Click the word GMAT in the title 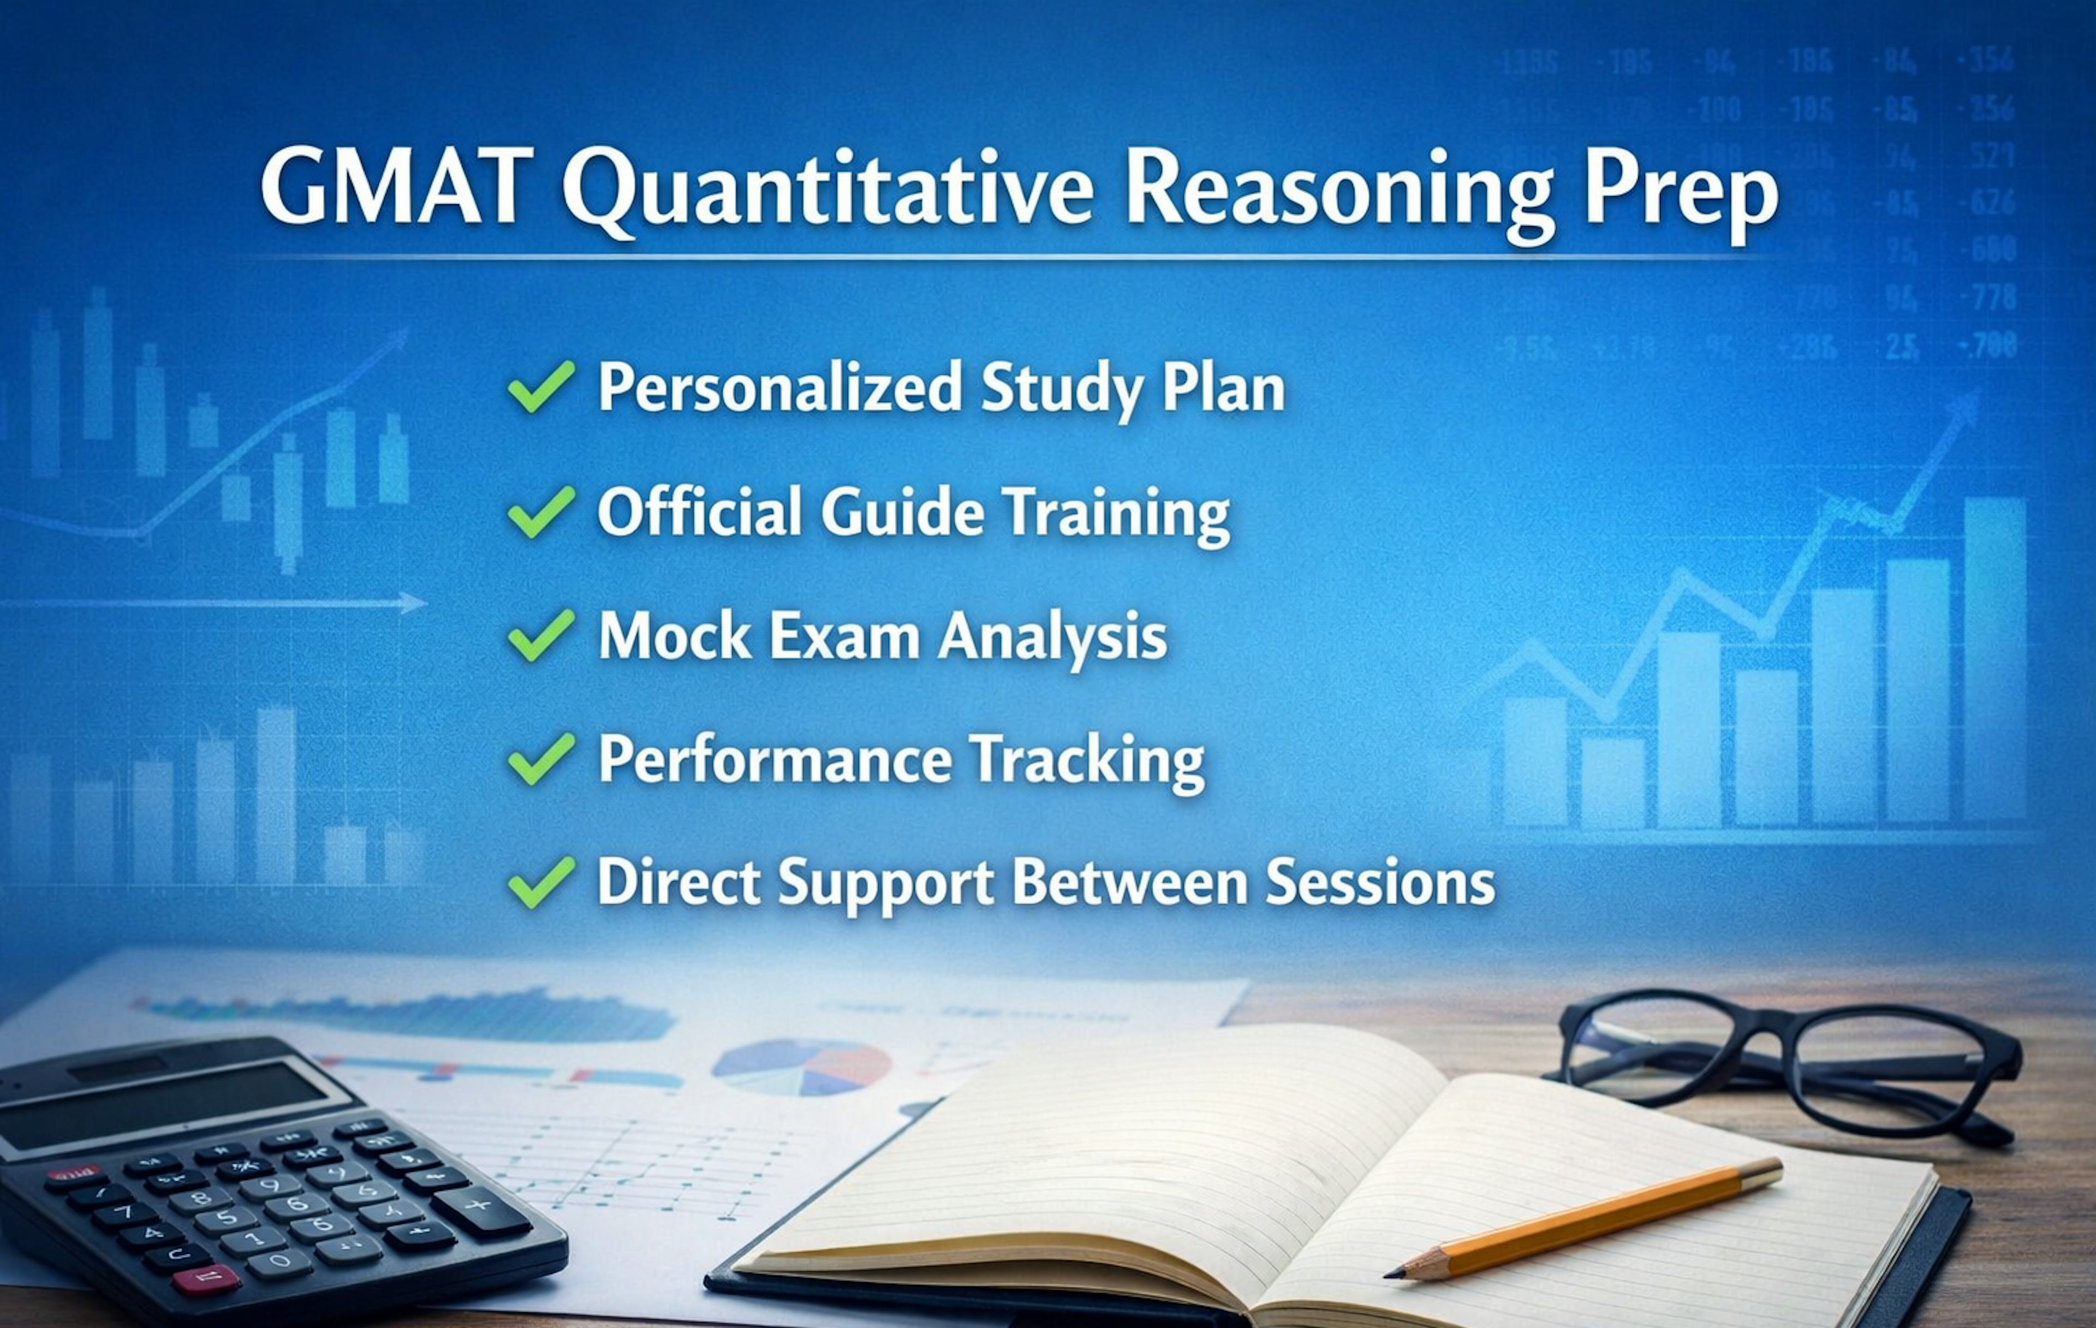[x=396, y=187]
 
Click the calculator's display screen [x=165, y=1105]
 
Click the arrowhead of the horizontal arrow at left [x=414, y=602]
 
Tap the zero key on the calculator [x=280, y=1260]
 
